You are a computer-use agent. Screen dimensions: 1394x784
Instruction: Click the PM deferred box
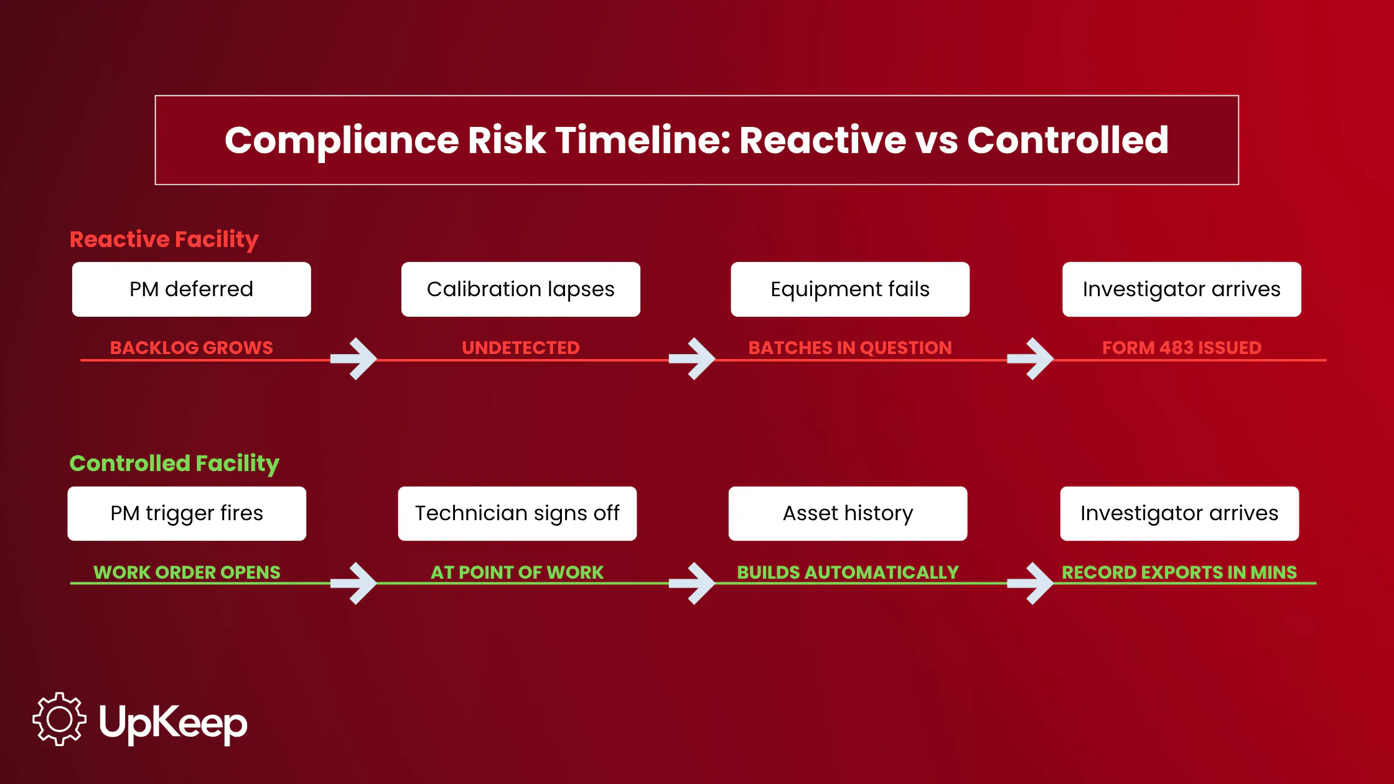click(x=192, y=289)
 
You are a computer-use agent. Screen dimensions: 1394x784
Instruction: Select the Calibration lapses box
click(x=521, y=289)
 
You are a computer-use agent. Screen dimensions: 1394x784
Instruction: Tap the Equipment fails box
click(x=850, y=289)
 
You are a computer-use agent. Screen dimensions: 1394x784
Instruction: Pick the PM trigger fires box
click(x=187, y=513)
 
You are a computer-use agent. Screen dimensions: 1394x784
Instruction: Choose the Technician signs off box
click(x=517, y=513)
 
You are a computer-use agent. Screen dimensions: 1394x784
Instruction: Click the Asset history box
click(x=848, y=513)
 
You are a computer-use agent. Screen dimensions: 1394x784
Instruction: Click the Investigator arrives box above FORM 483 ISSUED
click(x=1182, y=289)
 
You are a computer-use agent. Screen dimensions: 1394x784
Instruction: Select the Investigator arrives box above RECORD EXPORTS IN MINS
click(x=1179, y=513)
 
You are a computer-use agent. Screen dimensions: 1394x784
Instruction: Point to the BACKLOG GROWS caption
click(x=192, y=347)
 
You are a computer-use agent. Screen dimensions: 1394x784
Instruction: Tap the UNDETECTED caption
click(x=521, y=347)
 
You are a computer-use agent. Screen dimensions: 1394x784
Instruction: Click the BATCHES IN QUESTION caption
click(x=850, y=347)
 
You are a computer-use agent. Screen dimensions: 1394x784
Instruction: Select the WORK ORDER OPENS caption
click(x=187, y=572)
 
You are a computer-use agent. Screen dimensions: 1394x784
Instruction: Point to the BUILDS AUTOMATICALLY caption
click(x=848, y=572)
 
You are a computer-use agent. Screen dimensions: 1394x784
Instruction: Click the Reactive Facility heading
click(x=164, y=240)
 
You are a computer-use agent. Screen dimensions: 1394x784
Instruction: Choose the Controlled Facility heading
click(x=174, y=464)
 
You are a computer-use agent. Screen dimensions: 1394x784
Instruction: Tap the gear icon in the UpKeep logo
click(x=59, y=719)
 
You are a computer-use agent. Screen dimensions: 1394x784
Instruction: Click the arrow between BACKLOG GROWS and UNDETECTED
click(x=353, y=359)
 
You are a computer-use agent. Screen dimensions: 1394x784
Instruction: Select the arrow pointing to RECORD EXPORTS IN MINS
click(x=1031, y=583)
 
